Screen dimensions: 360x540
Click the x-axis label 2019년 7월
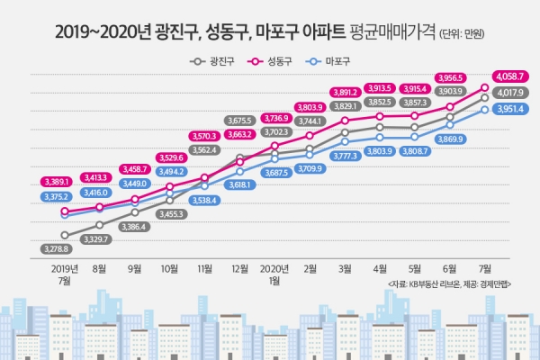pyautogui.click(x=65, y=274)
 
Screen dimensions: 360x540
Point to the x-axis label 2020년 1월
pyautogui.click(x=274, y=274)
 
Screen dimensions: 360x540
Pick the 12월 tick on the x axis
pyautogui.click(x=239, y=268)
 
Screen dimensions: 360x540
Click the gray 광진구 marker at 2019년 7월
pyautogui.click(x=65, y=235)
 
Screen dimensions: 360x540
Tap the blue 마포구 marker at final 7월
pyautogui.click(x=485, y=109)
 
